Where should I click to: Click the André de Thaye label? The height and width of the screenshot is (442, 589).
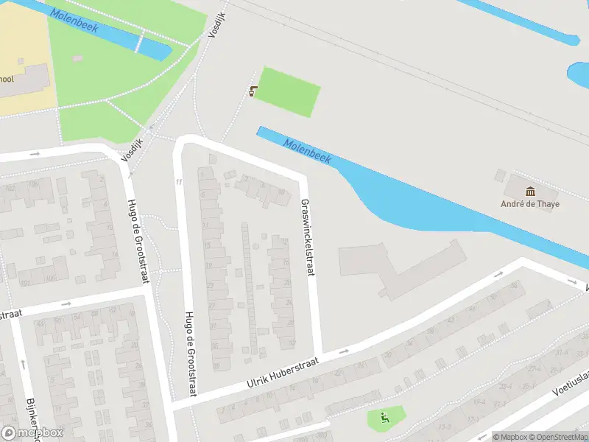coord(530,204)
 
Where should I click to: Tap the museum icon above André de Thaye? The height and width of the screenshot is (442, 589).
coord(530,192)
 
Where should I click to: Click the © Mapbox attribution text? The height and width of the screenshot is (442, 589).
coord(510,437)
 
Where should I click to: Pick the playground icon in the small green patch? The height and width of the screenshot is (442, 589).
coord(384,419)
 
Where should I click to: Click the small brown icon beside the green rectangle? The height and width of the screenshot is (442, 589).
coord(254,91)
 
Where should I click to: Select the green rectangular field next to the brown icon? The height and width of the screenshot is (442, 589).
coord(288,91)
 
